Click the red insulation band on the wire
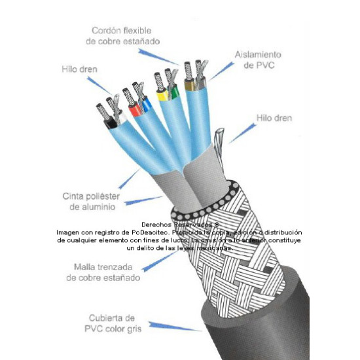click(x=135, y=112)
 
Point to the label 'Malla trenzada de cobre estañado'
click(x=103, y=272)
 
